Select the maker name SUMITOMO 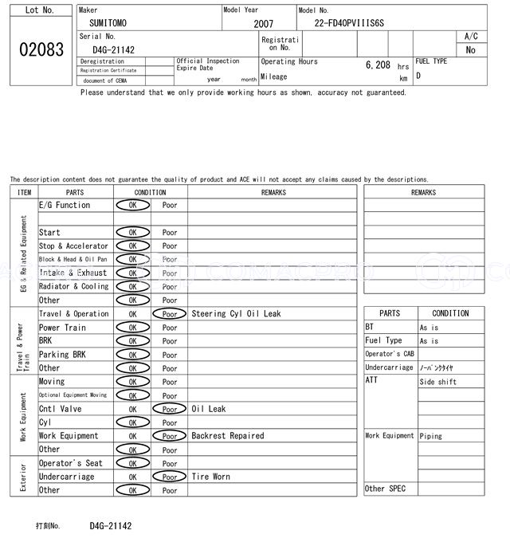click(x=108, y=23)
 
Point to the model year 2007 click(x=263, y=24)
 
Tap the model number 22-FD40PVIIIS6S click(x=349, y=23)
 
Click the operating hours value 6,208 click(x=378, y=65)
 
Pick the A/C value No click(x=470, y=49)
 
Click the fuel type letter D click(x=418, y=77)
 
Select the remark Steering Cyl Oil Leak click(x=236, y=314)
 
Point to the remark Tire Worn click(x=210, y=477)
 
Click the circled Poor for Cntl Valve click(x=169, y=409)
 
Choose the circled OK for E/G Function click(x=132, y=205)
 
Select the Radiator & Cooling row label click(x=73, y=286)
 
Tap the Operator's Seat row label click(x=70, y=463)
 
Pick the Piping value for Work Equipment click(x=431, y=436)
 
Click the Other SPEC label click(x=385, y=489)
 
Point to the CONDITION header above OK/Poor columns click(x=150, y=192)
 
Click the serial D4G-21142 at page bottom click(x=111, y=526)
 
